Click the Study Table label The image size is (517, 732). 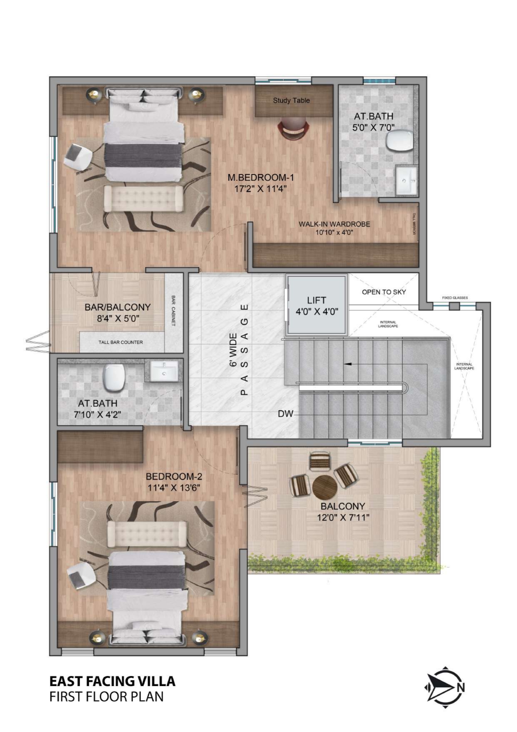click(291, 101)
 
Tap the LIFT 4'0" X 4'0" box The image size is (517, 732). click(316, 305)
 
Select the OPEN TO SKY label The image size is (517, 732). click(384, 292)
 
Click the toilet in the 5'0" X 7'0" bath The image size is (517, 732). click(399, 140)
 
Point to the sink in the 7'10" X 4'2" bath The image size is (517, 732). click(164, 371)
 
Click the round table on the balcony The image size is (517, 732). click(324, 487)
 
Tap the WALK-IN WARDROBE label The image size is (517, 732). click(334, 224)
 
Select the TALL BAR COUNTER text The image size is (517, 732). click(120, 342)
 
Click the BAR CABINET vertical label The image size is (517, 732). click(173, 311)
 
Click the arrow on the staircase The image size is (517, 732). click(349, 364)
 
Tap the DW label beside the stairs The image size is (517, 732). click(286, 414)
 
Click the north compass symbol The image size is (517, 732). click(444, 687)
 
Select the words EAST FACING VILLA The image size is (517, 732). click(112, 681)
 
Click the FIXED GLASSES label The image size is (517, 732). click(455, 298)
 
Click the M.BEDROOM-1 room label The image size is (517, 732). click(261, 178)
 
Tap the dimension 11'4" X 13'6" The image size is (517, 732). click(174, 488)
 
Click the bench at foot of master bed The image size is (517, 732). click(144, 198)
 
